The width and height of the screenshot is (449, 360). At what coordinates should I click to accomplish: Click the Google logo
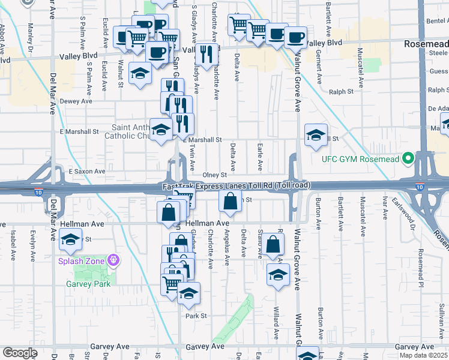coord(20,353)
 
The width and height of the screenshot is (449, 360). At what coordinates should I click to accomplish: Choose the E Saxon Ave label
coord(87,171)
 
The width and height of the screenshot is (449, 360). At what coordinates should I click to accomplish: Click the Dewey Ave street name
coord(76,101)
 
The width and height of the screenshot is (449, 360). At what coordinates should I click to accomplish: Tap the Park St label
coord(196,316)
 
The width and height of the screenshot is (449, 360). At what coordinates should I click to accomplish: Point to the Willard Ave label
coord(277,323)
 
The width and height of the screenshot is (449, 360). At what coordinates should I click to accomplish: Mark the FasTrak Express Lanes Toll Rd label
coord(237,187)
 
